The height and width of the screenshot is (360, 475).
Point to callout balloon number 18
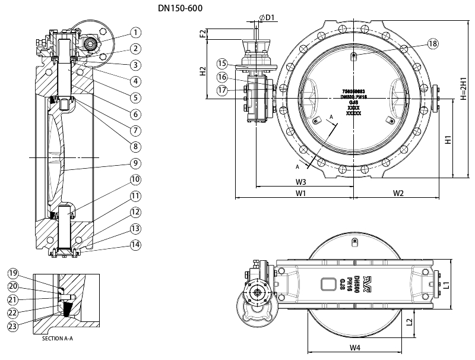tap(432, 43)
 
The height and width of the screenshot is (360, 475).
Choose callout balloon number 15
tap(221, 64)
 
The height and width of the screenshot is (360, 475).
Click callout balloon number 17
tap(221, 90)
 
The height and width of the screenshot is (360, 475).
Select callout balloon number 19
tap(13, 273)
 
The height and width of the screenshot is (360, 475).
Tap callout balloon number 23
tap(13, 325)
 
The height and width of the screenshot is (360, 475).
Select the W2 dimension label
tap(398, 194)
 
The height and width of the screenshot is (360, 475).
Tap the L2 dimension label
tap(409, 322)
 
